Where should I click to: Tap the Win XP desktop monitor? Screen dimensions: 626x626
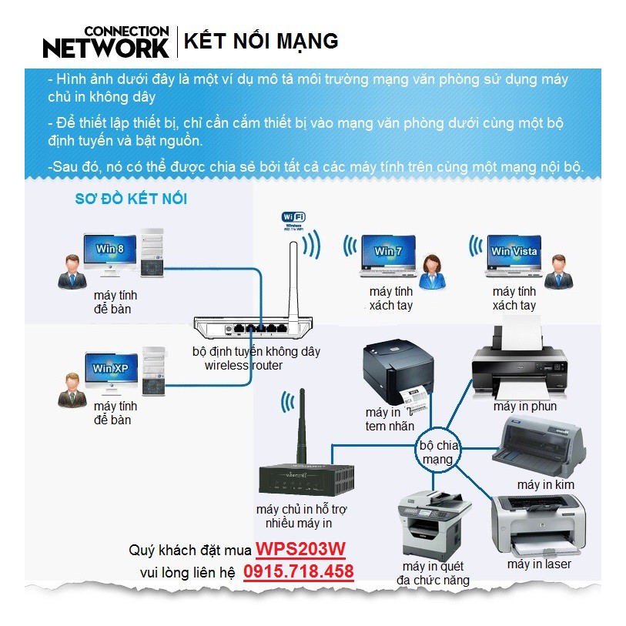[x=109, y=370]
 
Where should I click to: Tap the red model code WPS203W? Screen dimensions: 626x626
[x=301, y=550]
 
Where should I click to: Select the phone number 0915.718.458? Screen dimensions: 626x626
[x=299, y=571]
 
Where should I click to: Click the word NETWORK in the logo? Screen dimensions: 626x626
[x=105, y=48]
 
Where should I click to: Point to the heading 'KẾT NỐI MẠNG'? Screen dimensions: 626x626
[x=261, y=41]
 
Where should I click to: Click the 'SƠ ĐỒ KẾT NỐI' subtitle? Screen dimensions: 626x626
[x=131, y=199]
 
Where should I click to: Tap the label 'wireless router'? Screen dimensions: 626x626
[x=243, y=365]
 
